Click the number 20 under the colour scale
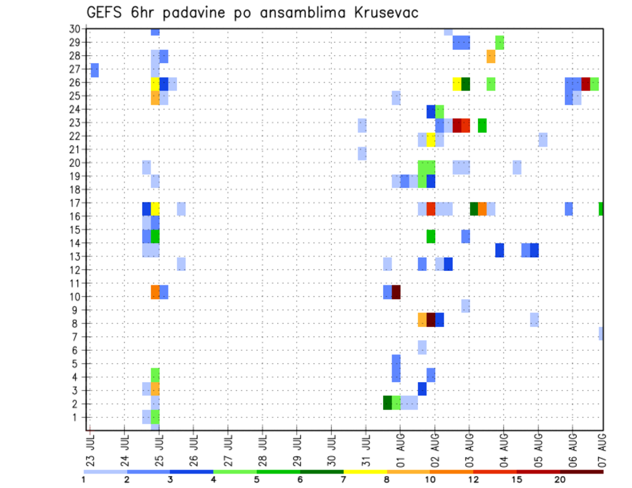click(x=560, y=479)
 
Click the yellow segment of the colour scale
click(x=365, y=472)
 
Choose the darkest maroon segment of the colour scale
click(x=582, y=472)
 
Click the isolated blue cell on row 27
click(x=95, y=70)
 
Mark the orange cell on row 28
click(x=491, y=57)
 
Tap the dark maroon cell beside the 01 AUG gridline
click(x=396, y=292)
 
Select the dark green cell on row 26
click(x=465, y=84)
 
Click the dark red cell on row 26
click(x=585, y=84)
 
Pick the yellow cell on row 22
click(x=431, y=139)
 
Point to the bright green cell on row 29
click(x=500, y=43)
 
